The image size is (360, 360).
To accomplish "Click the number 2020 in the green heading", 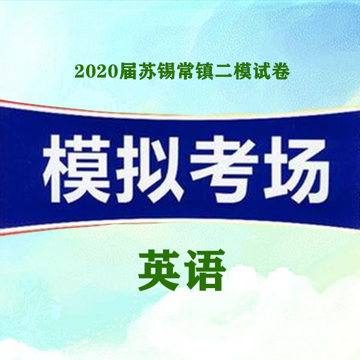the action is point(97,72).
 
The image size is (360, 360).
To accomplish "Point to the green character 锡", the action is point(166,71).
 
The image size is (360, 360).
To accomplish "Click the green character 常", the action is point(185,71).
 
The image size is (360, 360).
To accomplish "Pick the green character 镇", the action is point(204,71).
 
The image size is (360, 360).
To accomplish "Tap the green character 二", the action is point(224,72).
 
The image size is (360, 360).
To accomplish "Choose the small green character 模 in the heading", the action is point(242,71).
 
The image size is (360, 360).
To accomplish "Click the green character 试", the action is point(261,71).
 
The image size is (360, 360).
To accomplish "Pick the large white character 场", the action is point(297,169).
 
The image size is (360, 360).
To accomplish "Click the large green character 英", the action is point(159,270).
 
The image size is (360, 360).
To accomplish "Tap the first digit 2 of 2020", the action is point(80,72).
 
